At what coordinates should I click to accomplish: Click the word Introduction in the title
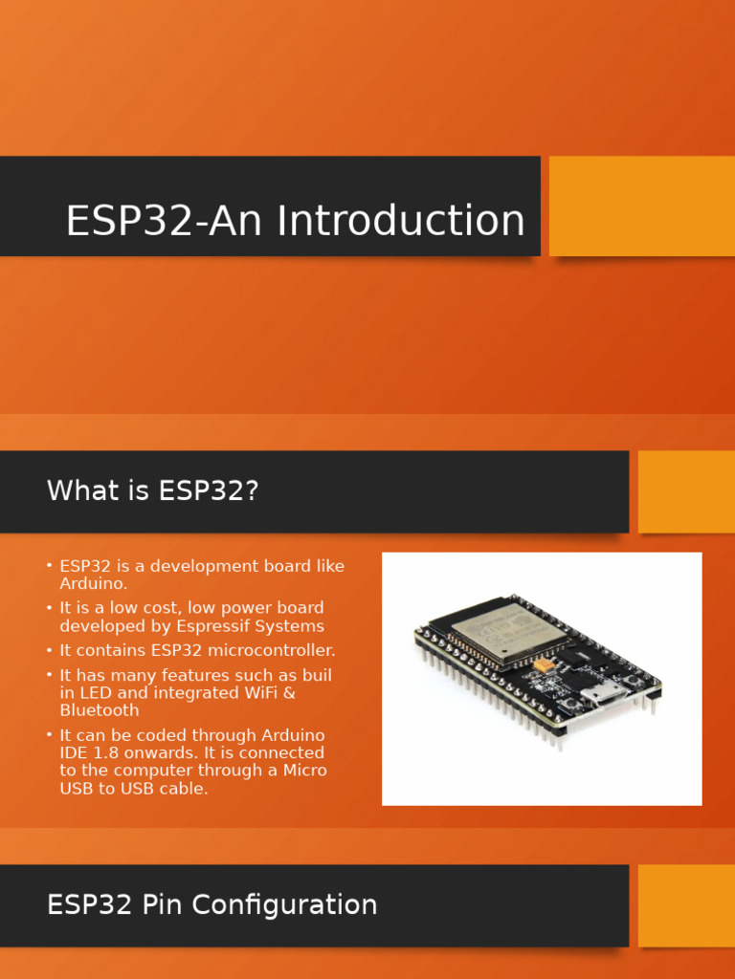[401, 221]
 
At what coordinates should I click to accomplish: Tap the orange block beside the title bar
[641, 207]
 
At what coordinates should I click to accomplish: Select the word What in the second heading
[83, 491]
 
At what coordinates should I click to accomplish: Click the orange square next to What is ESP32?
[686, 491]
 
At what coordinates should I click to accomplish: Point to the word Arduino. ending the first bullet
[93, 583]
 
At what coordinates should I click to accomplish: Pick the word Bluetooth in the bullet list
[100, 710]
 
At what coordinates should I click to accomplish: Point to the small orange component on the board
[543, 663]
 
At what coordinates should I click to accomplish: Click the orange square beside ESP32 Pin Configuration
[686, 905]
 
